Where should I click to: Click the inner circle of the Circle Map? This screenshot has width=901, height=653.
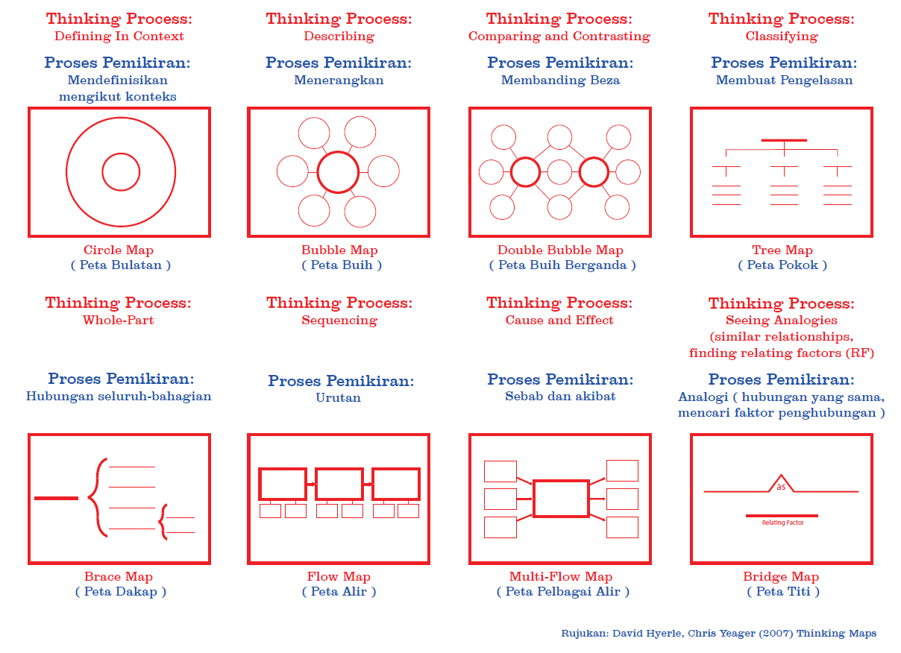(121, 172)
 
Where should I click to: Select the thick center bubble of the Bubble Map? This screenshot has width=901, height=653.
(339, 172)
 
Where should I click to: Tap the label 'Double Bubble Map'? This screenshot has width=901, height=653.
(560, 250)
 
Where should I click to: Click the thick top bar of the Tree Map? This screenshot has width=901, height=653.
(784, 140)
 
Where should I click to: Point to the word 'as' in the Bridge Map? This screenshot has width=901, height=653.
(781, 487)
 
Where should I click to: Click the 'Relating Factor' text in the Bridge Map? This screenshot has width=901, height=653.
(782, 523)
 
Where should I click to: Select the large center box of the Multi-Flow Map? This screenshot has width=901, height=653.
(561, 499)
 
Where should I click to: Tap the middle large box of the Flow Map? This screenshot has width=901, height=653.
(339, 484)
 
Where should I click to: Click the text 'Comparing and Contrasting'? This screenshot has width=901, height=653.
(559, 36)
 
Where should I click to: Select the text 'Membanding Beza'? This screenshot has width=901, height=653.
(560, 81)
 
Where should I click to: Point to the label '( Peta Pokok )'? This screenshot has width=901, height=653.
(782, 265)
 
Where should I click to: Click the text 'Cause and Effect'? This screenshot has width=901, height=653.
(559, 321)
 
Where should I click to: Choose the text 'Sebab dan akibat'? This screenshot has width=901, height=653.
(560, 397)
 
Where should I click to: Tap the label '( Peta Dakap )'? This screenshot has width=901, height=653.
(120, 592)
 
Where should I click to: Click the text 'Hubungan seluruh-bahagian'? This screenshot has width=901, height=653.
(119, 397)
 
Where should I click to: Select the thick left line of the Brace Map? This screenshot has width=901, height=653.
(56, 498)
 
